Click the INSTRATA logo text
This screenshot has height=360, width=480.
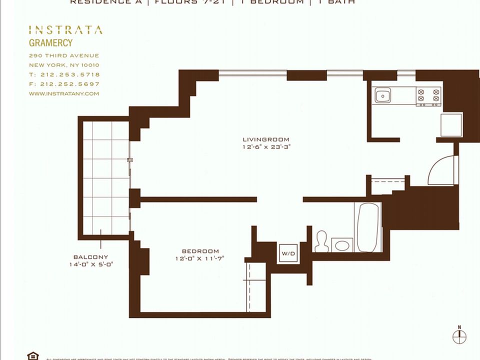click(x=65, y=30)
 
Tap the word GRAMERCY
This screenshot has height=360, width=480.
click(x=50, y=43)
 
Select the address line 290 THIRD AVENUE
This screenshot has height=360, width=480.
click(x=64, y=55)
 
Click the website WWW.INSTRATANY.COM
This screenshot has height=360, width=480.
click(x=64, y=93)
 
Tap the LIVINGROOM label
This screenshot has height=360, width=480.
click(x=266, y=139)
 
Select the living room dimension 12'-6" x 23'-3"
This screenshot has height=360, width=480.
click(x=266, y=147)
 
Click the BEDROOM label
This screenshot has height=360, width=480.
click(x=200, y=251)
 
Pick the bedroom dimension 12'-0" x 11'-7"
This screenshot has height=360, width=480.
click(x=200, y=258)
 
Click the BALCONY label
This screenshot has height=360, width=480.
click(x=90, y=257)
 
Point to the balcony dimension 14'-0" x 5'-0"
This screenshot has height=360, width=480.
click(x=91, y=264)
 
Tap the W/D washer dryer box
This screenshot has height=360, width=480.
click(x=288, y=254)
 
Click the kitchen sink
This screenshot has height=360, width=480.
click(x=383, y=95)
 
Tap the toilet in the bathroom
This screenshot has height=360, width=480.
click(x=321, y=241)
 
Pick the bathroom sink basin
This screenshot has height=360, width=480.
click(x=342, y=245)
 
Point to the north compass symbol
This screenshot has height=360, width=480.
click(x=459, y=336)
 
